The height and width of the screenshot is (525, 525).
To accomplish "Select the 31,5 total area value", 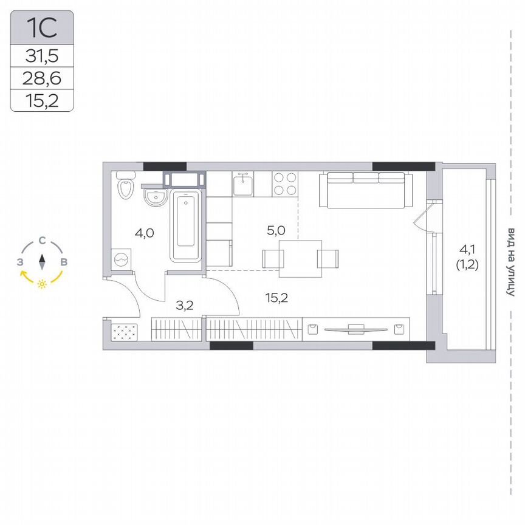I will tap(42, 57).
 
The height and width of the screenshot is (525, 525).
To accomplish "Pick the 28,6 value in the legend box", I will tap(42, 78).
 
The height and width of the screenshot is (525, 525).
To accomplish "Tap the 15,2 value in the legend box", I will tap(42, 100).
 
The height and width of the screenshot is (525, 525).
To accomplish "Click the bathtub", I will tap(186, 225).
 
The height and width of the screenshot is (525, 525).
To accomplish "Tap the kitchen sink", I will tap(243, 184).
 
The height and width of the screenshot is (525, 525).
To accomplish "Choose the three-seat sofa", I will tap(366, 190).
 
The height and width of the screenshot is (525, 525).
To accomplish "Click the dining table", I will tap(301, 258).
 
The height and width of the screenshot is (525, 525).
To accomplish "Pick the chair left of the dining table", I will tap(272, 258).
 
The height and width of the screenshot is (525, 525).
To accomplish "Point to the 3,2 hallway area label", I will tap(184, 305).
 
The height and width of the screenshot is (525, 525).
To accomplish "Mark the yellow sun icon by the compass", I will tap(42, 284).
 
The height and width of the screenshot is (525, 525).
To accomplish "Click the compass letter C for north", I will tap(42, 241).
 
